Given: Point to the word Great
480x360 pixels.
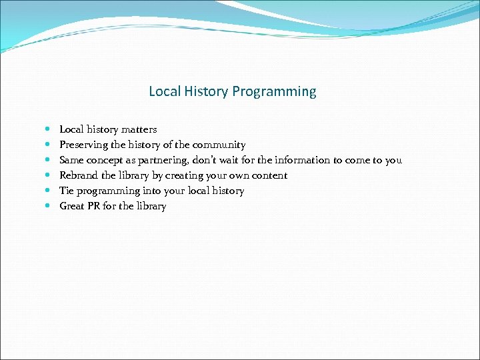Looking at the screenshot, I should pyautogui.click(x=72, y=206).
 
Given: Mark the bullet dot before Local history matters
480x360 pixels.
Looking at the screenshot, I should pyautogui.click(x=47, y=129).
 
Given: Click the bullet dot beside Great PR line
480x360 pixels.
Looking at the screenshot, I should pyautogui.click(x=47, y=206).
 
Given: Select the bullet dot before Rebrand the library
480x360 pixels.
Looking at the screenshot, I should pyautogui.click(x=47, y=175).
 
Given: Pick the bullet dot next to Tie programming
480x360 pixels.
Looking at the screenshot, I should pyautogui.click(x=47, y=191).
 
